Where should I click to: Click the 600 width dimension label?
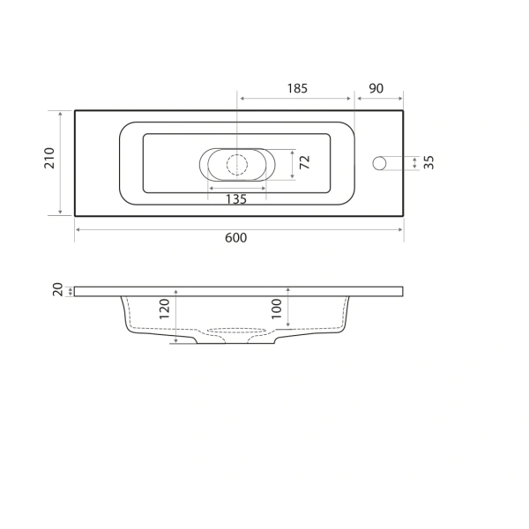click(236, 238)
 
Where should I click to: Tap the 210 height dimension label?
click(50, 159)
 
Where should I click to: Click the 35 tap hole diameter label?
click(429, 163)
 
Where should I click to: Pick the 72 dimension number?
click(305, 162)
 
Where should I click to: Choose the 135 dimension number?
click(235, 199)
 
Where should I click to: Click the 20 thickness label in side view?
click(57, 290)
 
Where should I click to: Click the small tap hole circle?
click(380, 163)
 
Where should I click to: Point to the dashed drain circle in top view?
click(236, 163)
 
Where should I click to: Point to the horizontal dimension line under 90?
click(379, 99)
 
